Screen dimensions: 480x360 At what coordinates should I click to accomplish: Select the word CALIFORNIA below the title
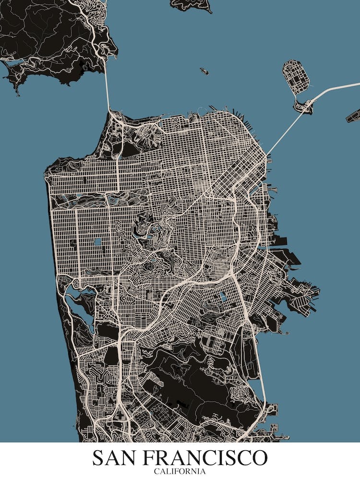point(180,471)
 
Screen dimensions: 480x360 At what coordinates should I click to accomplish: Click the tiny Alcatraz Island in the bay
point(204,71)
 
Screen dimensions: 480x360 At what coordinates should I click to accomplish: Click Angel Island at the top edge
point(192,4)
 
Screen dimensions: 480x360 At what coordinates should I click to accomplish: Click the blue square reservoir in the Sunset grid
point(98,242)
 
